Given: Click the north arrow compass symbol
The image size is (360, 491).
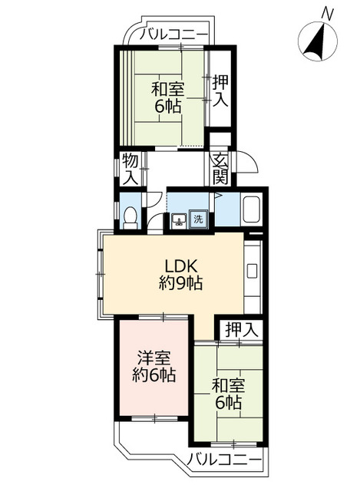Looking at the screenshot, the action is (317, 41).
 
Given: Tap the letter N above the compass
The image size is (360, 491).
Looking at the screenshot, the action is (327, 14).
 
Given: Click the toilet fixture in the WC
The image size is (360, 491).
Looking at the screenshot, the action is (130, 218).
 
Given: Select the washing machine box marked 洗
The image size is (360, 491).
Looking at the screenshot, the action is (198, 219).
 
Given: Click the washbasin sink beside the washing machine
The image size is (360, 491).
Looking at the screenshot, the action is (180, 221).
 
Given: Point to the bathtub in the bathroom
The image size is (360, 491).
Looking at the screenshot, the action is (252, 209).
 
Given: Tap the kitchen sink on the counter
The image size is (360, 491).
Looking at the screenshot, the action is (252, 271).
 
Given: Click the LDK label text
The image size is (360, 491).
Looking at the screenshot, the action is (181, 267).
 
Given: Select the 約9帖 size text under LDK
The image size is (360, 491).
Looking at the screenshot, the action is (180, 283).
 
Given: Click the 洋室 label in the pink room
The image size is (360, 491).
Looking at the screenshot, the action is (154, 358).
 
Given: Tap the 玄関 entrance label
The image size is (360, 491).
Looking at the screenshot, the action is (220, 170).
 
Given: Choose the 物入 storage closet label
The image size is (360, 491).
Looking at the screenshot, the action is (130, 170).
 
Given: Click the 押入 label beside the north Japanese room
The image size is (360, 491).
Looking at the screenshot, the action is (220, 91).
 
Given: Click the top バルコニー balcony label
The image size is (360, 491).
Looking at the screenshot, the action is (173, 34).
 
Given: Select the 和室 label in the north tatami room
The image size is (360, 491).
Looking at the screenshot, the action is (167, 89).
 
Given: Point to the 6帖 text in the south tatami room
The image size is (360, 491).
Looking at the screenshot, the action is (228, 402).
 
